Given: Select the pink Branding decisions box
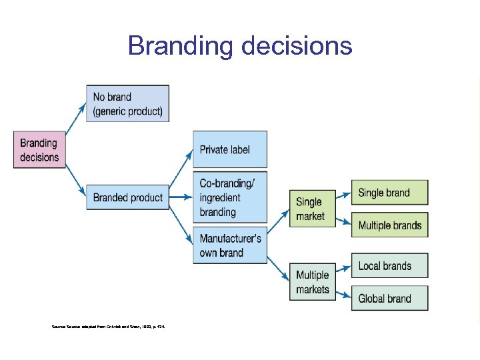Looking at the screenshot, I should [x=40, y=149].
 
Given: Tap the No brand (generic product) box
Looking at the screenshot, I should [x=127, y=103].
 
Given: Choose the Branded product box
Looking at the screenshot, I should [x=127, y=197].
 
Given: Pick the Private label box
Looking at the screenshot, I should [x=230, y=149].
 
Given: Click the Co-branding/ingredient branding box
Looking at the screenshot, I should [x=230, y=197].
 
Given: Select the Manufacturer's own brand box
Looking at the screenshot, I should [x=230, y=245].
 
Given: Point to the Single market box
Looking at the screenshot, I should [x=310, y=209].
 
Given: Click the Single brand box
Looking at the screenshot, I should [x=389, y=193].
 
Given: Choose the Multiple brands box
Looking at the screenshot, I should [x=389, y=225].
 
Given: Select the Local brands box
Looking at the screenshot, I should [x=389, y=266].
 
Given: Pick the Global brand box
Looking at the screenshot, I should [x=389, y=298].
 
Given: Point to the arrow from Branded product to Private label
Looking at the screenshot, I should [x=181, y=174].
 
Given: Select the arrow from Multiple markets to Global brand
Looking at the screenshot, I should [x=341, y=294].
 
